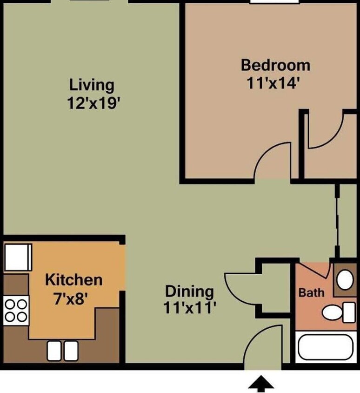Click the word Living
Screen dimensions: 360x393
[92, 85]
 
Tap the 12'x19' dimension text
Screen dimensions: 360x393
[92, 103]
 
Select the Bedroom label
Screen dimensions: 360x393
[275, 65]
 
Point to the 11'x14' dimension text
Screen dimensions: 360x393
[273, 83]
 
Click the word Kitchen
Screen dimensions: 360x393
[74, 280]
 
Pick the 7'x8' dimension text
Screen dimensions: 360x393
[71, 298]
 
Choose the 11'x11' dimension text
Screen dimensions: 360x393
[189, 308]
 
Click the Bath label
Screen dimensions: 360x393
[312, 292]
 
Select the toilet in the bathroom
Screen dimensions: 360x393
[339, 312]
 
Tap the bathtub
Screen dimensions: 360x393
[326, 347]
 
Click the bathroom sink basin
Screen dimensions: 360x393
[345, 279]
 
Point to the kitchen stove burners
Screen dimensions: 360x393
[16, 311]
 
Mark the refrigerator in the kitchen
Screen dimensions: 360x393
[18, 257]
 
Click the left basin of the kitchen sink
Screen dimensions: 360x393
[54, 351]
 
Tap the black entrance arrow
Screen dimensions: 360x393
[261, 384]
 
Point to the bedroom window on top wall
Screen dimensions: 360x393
[274, 1]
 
